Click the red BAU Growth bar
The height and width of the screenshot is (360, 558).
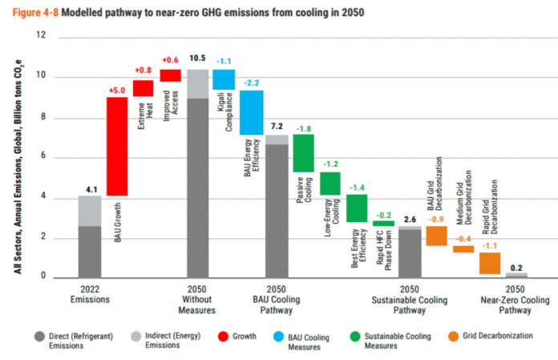(x=117, y=146)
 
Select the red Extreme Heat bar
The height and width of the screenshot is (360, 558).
(x=144, y=85)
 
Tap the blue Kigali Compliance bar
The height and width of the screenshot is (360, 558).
(x=224, y=79)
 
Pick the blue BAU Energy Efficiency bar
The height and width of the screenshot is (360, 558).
(x=252, y=112)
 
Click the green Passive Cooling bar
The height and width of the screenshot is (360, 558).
(x=303, y=153)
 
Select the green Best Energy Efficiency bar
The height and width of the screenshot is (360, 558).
(x=357, y=208)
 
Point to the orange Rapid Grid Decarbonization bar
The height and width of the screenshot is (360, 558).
(x=490, y=263)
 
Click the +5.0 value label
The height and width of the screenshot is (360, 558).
(x=117, y=90)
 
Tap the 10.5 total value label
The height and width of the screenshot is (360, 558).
(x=197, y=59)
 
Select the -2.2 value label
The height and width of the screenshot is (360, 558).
(x=252, y=83)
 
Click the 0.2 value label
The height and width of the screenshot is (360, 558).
(x=516, y=267)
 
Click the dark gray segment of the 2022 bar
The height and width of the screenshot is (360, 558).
(x=90, y=252)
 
